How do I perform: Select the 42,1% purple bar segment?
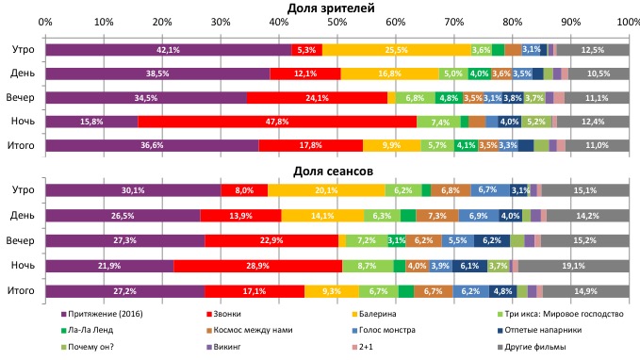(x=168, y=50)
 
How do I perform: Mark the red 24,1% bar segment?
(x=316, y=97)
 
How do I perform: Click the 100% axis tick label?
(x=627, y=21)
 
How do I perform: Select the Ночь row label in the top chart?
(x=23, y=122)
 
